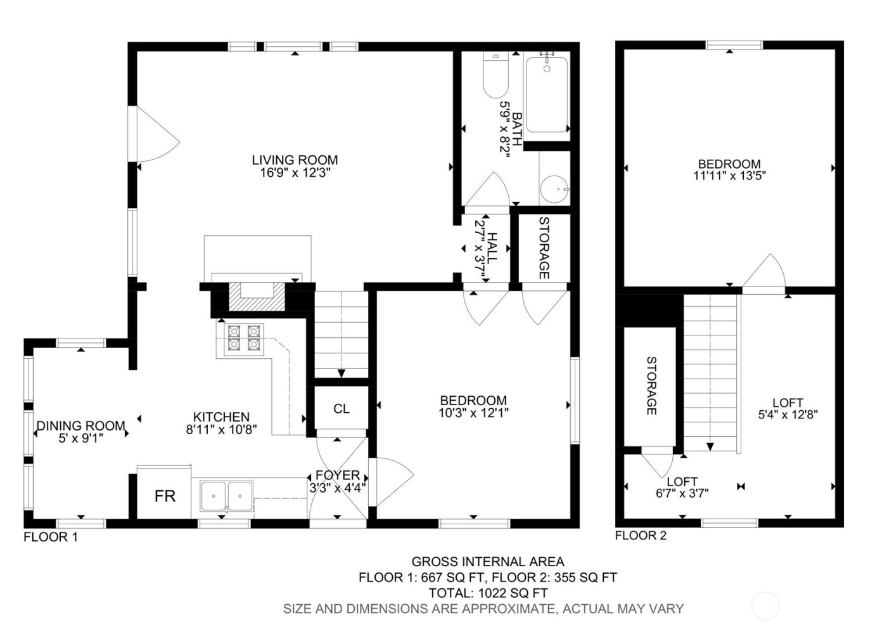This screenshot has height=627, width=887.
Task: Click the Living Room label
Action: pos(295,160)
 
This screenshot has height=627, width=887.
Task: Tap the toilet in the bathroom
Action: pos(495,76)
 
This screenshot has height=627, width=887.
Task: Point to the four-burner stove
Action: pos(245,337)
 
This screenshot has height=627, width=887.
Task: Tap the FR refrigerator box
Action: pos(165,495)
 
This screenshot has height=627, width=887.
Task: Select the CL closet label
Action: pos(341,409)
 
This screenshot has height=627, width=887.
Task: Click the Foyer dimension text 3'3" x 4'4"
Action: pos(338,488)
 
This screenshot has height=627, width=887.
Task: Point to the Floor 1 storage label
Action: pos(544,248)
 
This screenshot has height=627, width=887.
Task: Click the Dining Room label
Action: pos(80,425)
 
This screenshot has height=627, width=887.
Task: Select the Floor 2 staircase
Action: pos(712,374)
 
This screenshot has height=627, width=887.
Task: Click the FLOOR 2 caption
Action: pos(641,536)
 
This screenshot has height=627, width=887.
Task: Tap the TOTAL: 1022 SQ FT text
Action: pos(488,593)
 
